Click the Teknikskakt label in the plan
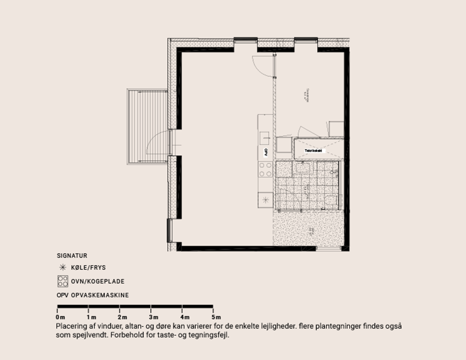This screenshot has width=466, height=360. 313,151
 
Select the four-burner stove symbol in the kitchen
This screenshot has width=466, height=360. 266,169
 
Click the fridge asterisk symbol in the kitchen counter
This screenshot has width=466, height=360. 266,200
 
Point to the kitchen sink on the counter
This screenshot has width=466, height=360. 265,137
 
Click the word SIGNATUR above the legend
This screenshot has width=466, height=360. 71,255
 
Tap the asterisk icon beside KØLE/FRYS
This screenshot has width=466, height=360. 63,267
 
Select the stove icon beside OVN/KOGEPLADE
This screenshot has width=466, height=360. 63,281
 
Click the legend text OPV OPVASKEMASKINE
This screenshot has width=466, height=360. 93,295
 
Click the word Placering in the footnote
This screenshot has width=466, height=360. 72,327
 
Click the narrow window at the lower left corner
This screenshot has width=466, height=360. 169,230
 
